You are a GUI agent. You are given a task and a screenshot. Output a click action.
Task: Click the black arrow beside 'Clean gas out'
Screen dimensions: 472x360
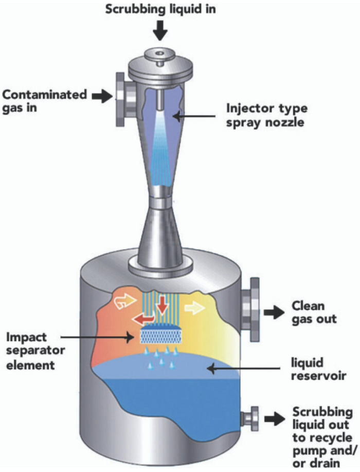tap(275, 311)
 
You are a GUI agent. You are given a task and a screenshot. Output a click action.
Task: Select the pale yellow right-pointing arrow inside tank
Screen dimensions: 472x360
tap(194, 308)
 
